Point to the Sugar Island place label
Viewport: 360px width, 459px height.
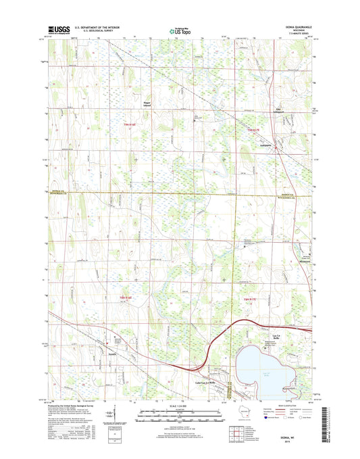[x=148, y=105]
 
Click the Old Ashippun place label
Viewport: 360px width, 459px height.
[x=279, y=110]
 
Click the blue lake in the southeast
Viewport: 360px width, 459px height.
[x=270, y=368]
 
